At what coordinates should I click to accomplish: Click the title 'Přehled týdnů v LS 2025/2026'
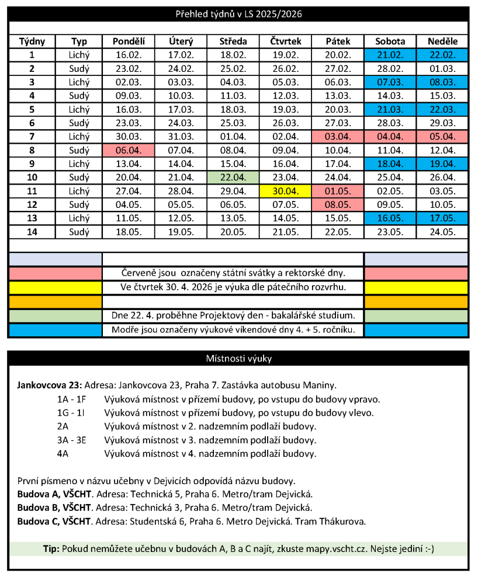pos(239,13)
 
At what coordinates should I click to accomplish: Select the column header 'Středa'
pos(233,41)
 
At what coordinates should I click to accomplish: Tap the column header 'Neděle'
pos(442,41)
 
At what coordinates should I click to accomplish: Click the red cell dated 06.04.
pos(129,150)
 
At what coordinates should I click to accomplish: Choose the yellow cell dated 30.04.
pos(285,191)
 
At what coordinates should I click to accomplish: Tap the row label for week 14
pos(32,232)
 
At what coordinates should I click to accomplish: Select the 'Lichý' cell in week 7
pos(79,137)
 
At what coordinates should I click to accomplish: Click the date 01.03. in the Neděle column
pos(442,68)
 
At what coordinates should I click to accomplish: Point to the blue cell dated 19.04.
pos(442,164)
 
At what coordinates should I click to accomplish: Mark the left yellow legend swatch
pos(56,287)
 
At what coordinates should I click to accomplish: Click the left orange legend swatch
pos(56,302)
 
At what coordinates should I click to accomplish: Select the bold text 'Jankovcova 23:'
pos(50,386)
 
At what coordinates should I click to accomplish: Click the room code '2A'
pos(63,426)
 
